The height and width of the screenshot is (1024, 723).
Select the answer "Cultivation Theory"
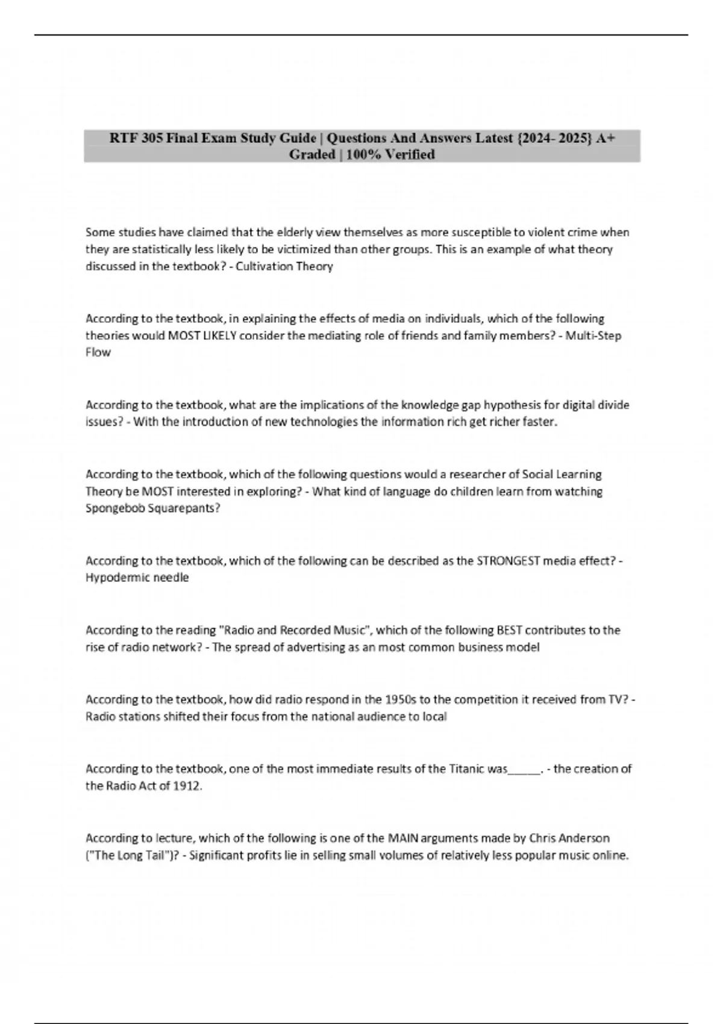pyautogui.click(x=284, y=266)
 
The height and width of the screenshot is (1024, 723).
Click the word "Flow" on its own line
pyautogui.click(x=98, y=352)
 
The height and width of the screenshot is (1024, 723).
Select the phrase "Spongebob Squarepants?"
pyautogui.click(x=153, y=508)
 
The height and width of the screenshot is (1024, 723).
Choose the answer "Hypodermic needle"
pyautogui.click(x=137, y=578)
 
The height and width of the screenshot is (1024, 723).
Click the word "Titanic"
pyautogui.click(x=468, y=769)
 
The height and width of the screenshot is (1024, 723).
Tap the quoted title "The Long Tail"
pyautogui.click(x=131, y=855)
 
